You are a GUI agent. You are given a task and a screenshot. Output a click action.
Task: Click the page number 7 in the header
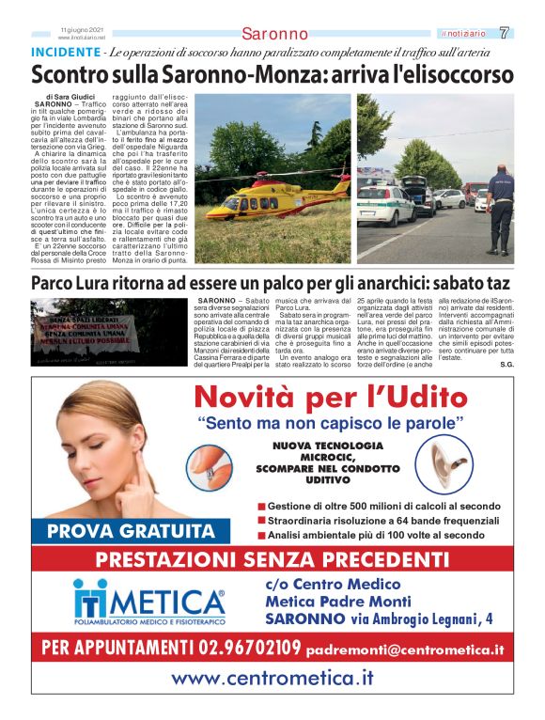coord(505,33)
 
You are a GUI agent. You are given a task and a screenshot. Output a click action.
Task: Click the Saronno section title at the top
coord(274,34)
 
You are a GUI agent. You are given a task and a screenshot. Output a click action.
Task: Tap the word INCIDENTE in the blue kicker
coord(65,52)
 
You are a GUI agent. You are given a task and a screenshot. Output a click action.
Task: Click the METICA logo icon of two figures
coord(92,599)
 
